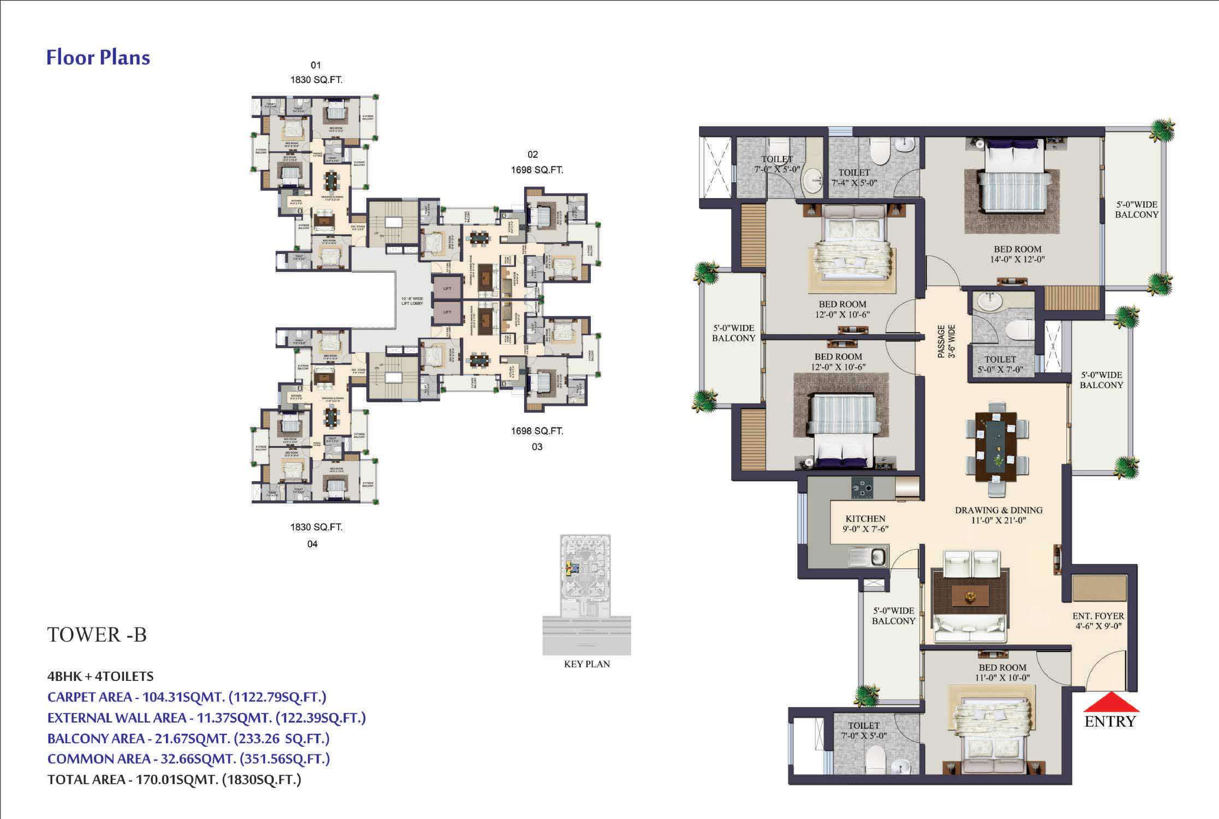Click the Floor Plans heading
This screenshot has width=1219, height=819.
[x=98, y=57]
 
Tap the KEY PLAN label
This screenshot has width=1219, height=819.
[x=587, y=664]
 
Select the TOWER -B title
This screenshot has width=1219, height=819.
[x=97, y=634]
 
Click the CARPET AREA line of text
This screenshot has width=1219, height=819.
[x=186, y=697]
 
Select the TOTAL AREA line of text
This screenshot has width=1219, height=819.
[x=174, y=780]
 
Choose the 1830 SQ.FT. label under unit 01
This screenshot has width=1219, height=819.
[x=316, y=80]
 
